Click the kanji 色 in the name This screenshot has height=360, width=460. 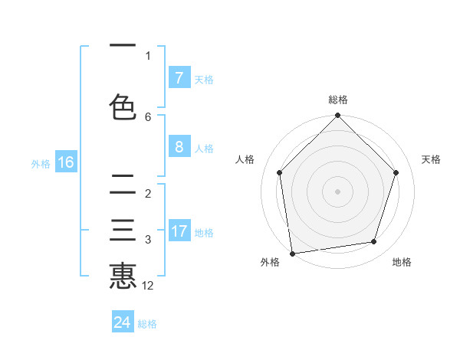[123, 107]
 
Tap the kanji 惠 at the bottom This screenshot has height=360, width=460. [123, 276]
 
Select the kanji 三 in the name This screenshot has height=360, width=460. [123, 231]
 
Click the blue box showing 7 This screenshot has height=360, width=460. [179, 78]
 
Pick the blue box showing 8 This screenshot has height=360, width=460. [179, 147]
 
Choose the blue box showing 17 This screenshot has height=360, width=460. [179, 231]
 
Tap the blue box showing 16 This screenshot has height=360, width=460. [65, 162]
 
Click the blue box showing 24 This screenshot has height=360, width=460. [123, 322]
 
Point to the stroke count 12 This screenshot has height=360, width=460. [148, 286]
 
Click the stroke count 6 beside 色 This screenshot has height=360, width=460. [148, 117]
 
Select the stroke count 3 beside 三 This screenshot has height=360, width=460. [148, 240]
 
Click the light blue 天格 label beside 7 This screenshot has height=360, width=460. [204, 79]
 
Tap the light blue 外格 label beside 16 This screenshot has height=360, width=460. [41, 163]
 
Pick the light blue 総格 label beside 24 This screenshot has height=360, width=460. [147, 323]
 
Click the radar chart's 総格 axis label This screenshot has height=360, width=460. [338, 100]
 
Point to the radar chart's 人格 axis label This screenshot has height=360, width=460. [245, 159]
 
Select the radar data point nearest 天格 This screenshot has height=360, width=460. [396, 172]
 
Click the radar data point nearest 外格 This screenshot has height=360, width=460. [292, 253]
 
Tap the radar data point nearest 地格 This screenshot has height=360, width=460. [374, 242]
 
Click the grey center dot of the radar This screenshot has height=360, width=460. [337, 191]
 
